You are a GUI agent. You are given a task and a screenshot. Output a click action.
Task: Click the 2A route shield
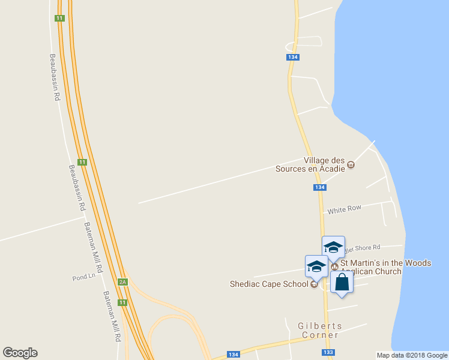click(122, 281)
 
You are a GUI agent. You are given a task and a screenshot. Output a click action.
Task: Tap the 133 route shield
click(328, 352)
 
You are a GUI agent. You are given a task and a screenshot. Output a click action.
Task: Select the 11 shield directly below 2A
click(122, 302)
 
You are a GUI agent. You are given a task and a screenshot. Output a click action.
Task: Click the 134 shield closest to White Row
click(319, 188)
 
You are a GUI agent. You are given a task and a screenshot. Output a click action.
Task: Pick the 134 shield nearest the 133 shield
click(234, 355)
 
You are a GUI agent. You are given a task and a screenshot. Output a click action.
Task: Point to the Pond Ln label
click(84, 278)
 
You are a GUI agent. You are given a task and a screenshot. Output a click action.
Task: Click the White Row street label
click(344, 208)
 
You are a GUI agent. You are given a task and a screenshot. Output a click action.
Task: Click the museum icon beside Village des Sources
click(351, 165)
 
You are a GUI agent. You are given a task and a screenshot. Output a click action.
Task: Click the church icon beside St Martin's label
click(335, 266)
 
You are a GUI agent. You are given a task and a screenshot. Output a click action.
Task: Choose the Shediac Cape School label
click(269, 284)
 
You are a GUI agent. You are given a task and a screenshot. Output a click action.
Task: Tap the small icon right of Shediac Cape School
click(314, 284)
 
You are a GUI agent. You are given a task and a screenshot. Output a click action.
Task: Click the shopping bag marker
click(342, 282)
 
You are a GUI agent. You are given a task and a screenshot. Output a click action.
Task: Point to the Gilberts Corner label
click(320, 331)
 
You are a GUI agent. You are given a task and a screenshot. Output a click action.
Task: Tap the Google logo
click(20, 353)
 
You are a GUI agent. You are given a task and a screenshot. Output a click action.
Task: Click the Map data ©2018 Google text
click(412, 355)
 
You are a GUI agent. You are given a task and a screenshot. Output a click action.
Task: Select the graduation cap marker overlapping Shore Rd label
click(333, 247)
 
